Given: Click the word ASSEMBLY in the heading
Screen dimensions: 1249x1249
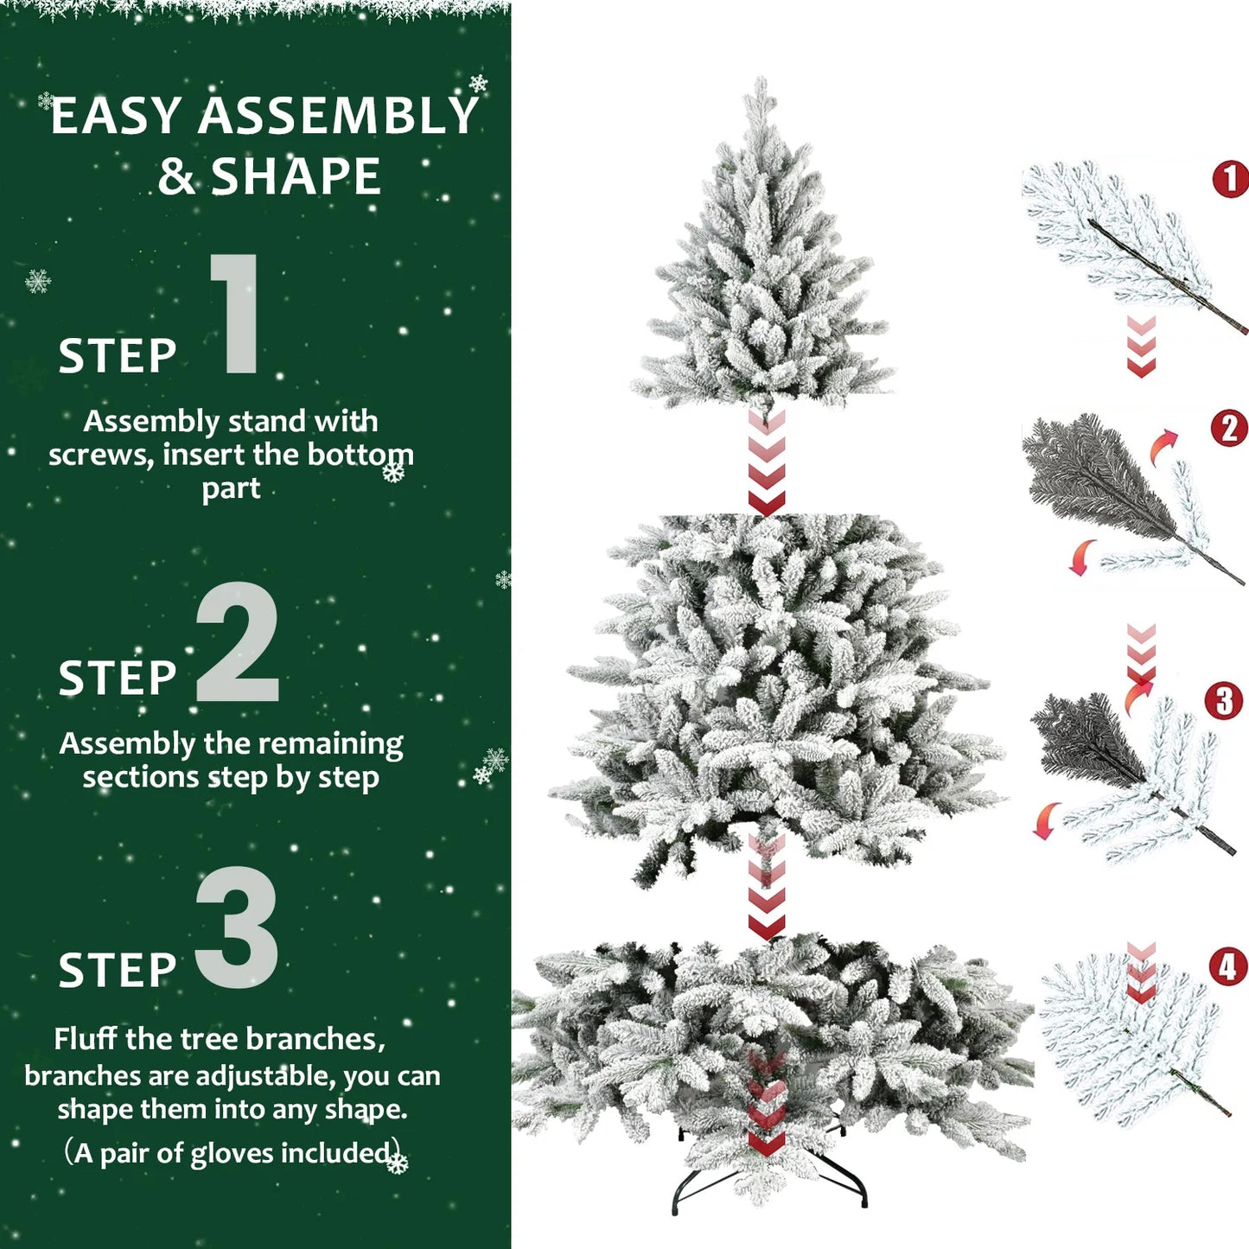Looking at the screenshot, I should (337, 116).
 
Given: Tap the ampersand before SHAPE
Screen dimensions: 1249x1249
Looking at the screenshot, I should (177, 176).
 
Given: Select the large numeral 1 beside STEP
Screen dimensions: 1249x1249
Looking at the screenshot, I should (236, 315).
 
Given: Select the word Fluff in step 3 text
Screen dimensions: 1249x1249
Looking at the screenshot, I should (86, 1038).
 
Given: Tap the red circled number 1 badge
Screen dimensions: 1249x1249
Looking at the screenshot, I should (1230, 179).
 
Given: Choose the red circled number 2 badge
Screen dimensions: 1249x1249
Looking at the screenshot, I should (1229, 428).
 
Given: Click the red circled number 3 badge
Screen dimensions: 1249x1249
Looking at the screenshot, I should (1223, 701).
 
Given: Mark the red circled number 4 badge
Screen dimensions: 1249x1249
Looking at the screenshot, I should (1228, 967).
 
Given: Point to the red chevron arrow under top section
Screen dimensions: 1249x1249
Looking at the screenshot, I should (766, 462).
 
